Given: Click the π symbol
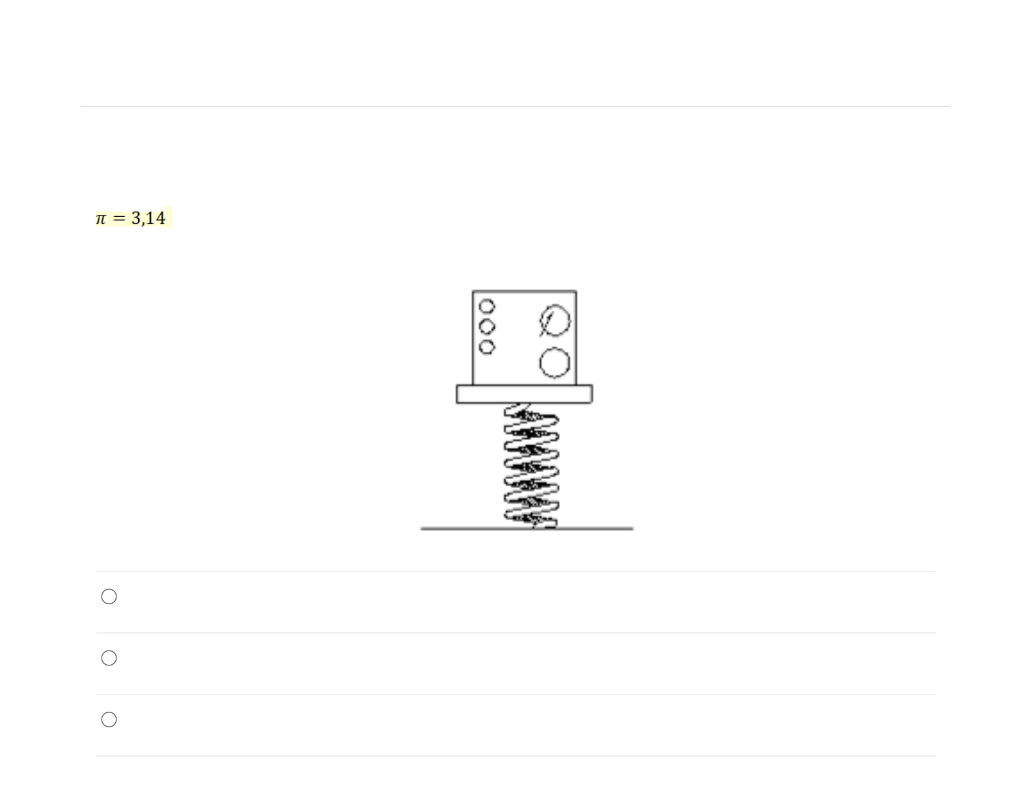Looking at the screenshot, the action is click(101, 219).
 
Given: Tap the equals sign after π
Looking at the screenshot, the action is click(120, 218).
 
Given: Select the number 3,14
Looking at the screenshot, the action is click(148, 218).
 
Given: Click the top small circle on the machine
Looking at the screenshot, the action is click(487, 306).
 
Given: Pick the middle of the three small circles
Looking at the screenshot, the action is click(487, 327).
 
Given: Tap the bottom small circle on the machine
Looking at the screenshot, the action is click(487, 347).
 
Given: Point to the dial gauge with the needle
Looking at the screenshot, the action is click(555, 321).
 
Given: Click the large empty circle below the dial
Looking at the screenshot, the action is click(555, 363).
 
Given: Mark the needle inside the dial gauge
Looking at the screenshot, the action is click(547, 324).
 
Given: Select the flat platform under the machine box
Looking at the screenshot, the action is click(524, 394).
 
